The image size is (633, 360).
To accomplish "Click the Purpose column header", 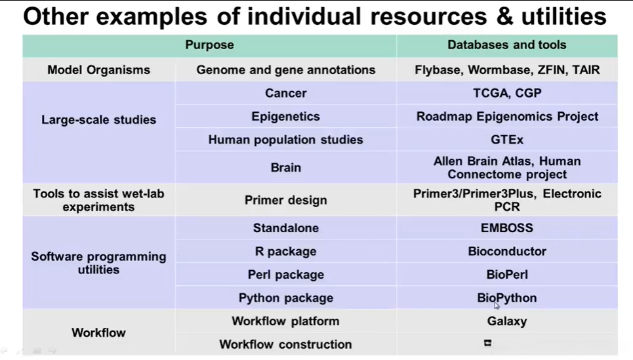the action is click(x=209, y=45).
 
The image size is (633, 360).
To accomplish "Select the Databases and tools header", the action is click(x=506, y=45).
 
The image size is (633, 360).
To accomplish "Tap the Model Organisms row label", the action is click(x=98, y=70).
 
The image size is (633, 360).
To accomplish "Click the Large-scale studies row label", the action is click(x=98, y=119).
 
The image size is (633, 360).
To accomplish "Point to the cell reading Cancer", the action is click(x=286, y=93).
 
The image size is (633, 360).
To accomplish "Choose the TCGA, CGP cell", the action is click(x=507, y=93).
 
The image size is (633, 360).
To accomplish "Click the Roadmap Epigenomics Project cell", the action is click(x=507, y=116).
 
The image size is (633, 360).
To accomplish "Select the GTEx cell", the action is click(x=507, y=140).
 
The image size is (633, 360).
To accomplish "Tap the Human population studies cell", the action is click(x=286, y=140).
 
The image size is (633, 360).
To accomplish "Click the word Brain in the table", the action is click(x=286, y=167).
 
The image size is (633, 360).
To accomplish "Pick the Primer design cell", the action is click(x=286, y=200).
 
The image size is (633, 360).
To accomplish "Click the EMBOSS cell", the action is click(x=507, y=228).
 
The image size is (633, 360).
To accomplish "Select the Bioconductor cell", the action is click(x=507, y=251).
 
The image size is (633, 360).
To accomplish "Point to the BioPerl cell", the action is click(x=507, y=275).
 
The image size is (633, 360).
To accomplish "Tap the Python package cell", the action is click(x=286, y=298).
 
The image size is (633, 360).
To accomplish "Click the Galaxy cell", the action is click(x=507, y=321).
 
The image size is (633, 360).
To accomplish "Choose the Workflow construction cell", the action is click(x=286, y=344).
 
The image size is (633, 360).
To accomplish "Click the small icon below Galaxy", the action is click(x=487, y=343).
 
